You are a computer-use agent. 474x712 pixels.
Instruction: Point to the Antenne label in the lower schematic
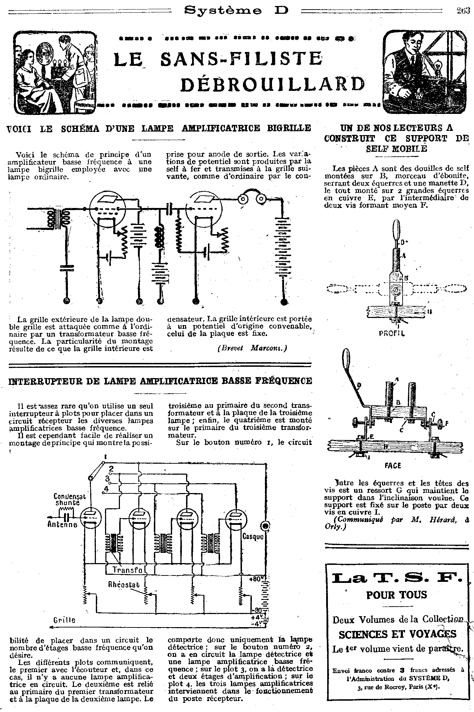coord(62,525)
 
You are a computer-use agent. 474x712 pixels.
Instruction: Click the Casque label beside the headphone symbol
coord(253,537)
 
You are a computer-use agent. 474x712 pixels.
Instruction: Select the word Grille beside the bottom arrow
coord(64,620)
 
